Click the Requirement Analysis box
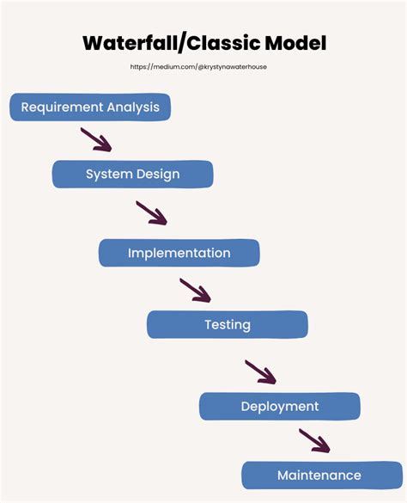90,107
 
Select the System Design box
132,175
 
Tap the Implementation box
179,253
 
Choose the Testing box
227,324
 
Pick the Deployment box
279,406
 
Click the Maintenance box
319,475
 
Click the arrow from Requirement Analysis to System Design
96,139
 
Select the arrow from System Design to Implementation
151,212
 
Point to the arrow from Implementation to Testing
195,290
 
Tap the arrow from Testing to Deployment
260,371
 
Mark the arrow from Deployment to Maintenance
314,440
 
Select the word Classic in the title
234,43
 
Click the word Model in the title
301,43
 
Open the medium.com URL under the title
204,66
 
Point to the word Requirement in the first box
62,107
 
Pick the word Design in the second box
158,175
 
